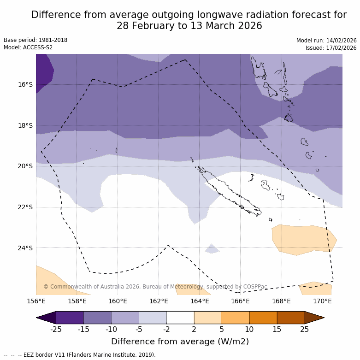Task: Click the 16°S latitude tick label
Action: click(x=25, y=84)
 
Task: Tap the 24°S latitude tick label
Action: click(x=25, y=248)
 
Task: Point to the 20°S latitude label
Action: click(x=25, y=166)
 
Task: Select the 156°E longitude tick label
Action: click(x=36, y=301)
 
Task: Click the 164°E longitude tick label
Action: click(x=199, y=301)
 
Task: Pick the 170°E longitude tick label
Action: click(x=322, y=301)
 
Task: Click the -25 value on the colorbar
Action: click(x=56, y=329)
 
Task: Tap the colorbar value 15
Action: click(x=277, y=329)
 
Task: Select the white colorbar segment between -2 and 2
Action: click(x=180, y=318)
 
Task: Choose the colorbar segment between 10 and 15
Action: click(x=263, y=318)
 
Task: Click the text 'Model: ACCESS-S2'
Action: click(x=28, y=47)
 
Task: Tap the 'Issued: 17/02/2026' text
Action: click(x=331, y=48)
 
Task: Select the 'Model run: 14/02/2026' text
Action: click(x=326, y=40)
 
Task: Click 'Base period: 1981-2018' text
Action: click(x=35, y=40)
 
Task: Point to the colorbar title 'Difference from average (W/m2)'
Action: click(x=180, y=342)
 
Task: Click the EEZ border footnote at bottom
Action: click(x=80, y=355)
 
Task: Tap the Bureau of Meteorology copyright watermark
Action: click(x=155, y=287)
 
